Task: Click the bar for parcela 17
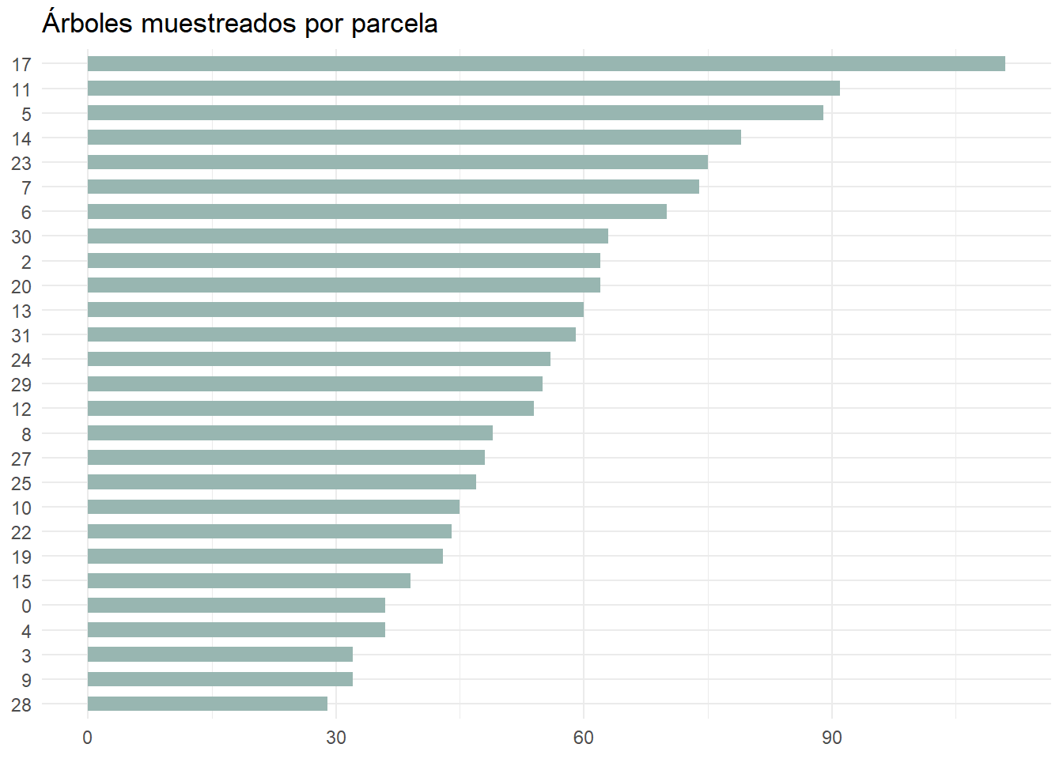pyautogui.click(x=546, y=64)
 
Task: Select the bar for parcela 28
pyautogui.click(x=207, y=704)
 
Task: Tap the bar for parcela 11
pyautogui.click(x=463, y=89)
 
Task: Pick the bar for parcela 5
pyautogui.click(x=455, y=113)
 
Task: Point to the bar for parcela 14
pyautogui.click(x=414, y=138)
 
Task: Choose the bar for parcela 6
pyautogui.click(x=376, y=211)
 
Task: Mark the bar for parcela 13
pyautogui.click(x=335, y=310)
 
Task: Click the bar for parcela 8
pyautogui.click(x=289, y=433)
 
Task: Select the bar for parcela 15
pyautogui.click(x=248, y=581)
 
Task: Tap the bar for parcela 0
pyautogui.click(x=236, y=606)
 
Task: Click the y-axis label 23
pyautogui.click(x=21, y=163)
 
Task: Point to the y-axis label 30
pyautogui.click(x=21, y=236)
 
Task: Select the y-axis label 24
pyautogui.click(x=21, y=360)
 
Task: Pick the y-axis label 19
pyautogui.click(x=21, y=557)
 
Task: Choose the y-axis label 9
pyautogui.click(x=26, y=680)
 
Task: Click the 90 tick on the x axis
pyautogui.click(x=831, y=738)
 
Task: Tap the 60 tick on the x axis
pyautogui.click(x=583, y=738)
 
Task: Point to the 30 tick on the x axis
pyautogui.click(x=335, y=738)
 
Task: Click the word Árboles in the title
pyautogui.click(x=87, y=23)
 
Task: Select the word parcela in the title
pyautogui.click(x=394, y=24)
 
